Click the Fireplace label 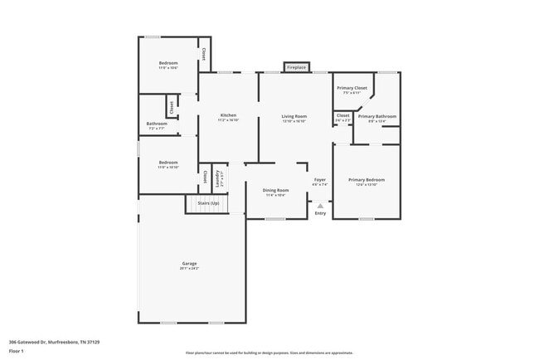click(x=296, y=67)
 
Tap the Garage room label click(x=189, y=264)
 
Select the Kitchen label click(x=228, y=115)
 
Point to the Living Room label click(x=294, y=116)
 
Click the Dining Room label click(x=275, y=190)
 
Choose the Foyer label click(x=320, y=180)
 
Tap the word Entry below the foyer click(x=320, y=214)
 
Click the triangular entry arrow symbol click(x=320, y=205)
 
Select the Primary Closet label click(x=352, y=87)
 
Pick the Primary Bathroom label click(x=377, y=116)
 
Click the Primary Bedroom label click(x=366, y=180)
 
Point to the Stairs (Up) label click(x=207, y=202)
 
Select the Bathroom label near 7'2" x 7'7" click(x=157, y=124)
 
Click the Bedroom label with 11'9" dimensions click(x=168, y=63)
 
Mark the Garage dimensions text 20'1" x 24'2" click(x=189, y=269)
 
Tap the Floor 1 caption click(x=17, y=351)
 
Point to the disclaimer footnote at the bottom click(x=269, y=353)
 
